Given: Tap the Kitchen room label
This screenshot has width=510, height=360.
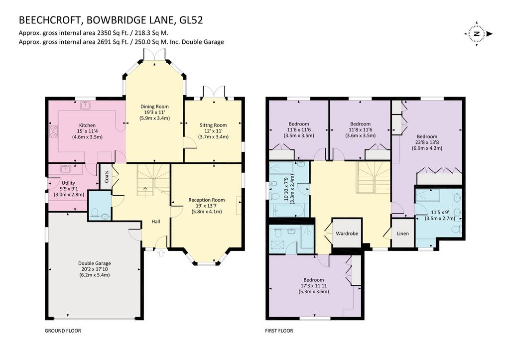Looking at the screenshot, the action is point(88,125).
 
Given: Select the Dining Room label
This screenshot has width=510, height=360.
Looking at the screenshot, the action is point(154,107).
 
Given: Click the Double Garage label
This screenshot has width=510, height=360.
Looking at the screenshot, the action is point(95,263).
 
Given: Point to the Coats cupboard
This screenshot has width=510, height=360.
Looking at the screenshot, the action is point(106,177).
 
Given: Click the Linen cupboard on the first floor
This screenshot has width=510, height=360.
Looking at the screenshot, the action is point(402,233).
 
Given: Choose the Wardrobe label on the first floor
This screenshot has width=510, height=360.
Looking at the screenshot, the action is point(347,234).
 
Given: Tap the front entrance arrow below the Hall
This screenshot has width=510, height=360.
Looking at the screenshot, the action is point(161,253).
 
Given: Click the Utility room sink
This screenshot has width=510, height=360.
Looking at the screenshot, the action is point(65,169).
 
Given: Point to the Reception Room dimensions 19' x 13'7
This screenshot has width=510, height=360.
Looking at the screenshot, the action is point(207,206).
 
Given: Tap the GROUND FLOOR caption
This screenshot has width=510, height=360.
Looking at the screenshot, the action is point(63,331).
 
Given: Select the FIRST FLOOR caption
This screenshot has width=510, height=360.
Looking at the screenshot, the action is point(279,331).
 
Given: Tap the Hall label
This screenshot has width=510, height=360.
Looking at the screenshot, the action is point(156,222).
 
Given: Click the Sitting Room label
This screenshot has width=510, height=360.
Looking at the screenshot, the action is point(213,125).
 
